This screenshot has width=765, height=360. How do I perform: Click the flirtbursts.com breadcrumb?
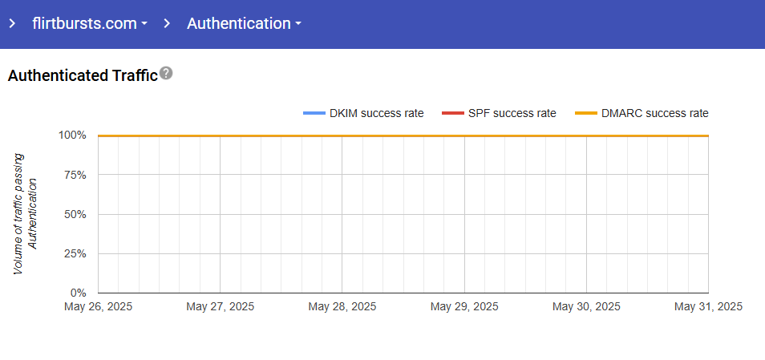84,23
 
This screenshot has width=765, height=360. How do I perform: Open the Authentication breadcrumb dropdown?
244,23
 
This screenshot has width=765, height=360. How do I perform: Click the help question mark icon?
166,74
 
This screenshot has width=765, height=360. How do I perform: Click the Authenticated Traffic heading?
83,76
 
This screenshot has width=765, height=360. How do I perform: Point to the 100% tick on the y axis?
72,135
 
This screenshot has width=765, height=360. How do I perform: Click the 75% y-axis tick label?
75,175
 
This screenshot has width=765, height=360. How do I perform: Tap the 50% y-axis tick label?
75,214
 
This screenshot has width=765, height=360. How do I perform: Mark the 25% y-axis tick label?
75,253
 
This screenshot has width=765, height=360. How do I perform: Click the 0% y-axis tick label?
78,293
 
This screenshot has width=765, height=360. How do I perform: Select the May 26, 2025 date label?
99,306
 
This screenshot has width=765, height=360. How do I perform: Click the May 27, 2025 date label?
220,306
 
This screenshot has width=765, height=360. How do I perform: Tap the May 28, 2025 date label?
342,306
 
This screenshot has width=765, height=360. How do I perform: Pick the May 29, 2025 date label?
464,306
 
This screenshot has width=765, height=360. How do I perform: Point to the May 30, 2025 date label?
586,306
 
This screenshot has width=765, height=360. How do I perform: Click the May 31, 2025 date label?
708,306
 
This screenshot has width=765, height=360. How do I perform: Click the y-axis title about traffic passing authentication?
26,214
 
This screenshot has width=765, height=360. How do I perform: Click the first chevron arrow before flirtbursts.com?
12,23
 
